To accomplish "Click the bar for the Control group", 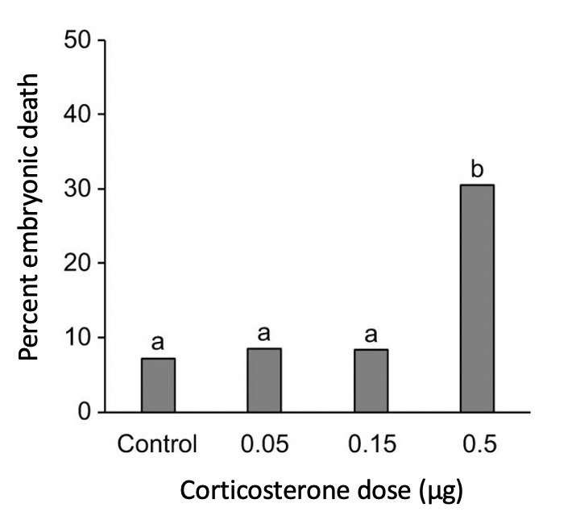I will tap(158, 385).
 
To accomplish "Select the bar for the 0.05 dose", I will tap(264, 381).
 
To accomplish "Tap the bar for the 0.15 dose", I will tap(371, 381).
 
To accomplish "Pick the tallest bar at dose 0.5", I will tap(477, 298).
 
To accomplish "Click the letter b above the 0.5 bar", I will tap(477, 169).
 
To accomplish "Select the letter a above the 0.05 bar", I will tap(264, 334).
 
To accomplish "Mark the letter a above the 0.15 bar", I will tap(371, 334).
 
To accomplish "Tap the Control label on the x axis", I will tap(158, 445).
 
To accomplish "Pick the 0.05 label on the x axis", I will tap(264, 445).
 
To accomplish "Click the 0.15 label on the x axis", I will tap(371, 445).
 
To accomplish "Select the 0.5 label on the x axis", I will tap(477, 445).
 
